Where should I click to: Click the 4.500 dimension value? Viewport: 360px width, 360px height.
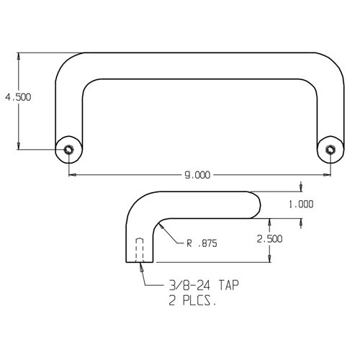pos(17,96)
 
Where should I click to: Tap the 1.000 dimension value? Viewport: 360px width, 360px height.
pos(301,204)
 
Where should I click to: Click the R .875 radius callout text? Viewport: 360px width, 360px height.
pos(202,245)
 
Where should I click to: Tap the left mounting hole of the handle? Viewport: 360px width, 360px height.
pos(68,149)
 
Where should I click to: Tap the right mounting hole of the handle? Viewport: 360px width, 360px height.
pos(330,149)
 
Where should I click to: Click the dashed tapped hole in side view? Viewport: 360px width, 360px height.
pos(140,251)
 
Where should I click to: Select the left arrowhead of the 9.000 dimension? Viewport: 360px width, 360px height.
pos(71,176)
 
